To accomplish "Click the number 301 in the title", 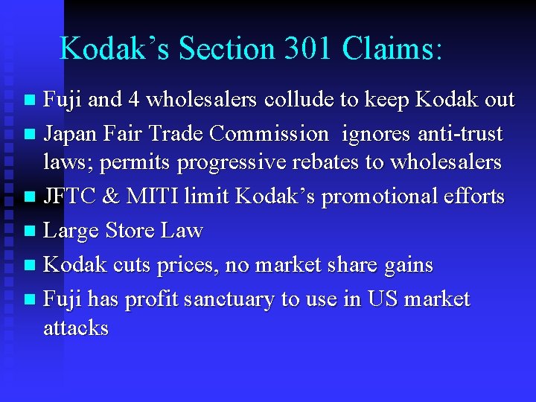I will pos(303,48).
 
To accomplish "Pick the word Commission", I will pos(269,134).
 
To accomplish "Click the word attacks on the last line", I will pos(76,328).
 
